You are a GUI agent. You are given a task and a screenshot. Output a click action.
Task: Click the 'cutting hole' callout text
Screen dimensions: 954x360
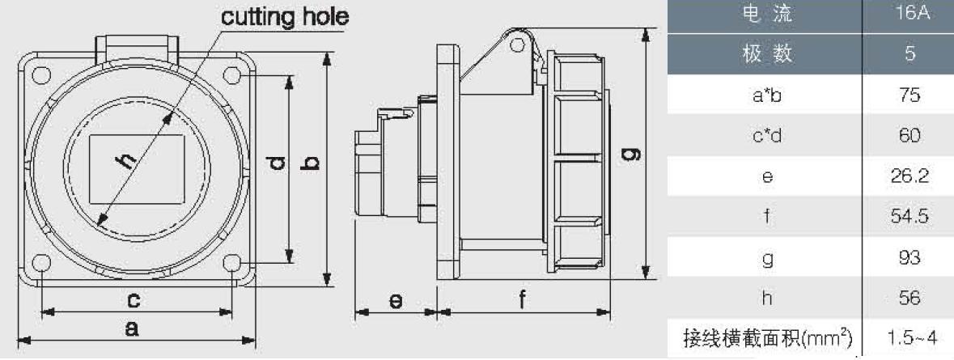pyautogui.click(x=285, y=17)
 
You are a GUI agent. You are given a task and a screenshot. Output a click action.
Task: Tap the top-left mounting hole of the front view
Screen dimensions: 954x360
pyautogui.click(x=40, y=74)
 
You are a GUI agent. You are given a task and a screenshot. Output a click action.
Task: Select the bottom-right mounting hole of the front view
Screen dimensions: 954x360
pyautogui.click(x=232, y=263)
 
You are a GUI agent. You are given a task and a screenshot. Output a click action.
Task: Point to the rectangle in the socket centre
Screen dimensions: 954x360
pyautogui.click(x=137, y=169)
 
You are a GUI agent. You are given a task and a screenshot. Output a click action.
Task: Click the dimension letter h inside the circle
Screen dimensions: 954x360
pyautogui.click(x=125, y=159)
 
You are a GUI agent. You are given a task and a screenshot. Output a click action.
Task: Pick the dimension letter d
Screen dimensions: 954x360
pyautogui.click(x=277, y=163)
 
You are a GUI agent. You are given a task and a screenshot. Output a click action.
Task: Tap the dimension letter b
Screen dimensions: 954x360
pyautogui.click(x=311, y=163)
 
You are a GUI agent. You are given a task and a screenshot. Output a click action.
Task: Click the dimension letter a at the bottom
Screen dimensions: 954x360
pyautogui.click(x=131, y=328)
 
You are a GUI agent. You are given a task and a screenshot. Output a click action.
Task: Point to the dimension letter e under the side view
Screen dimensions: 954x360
pyautogui.click(x=396, y=300)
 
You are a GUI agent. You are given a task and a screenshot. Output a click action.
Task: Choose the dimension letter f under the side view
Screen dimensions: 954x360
pyautogui.click(x=522, y=299)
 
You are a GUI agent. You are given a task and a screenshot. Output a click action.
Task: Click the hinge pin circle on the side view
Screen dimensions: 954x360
pyautogui.click(x=517, y=44)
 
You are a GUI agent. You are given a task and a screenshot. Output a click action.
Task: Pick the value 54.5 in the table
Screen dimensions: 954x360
pyautogui.click(x=909, y=217)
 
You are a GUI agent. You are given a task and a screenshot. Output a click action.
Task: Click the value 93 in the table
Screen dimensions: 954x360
pyautogui.click(x=909, y=257)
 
